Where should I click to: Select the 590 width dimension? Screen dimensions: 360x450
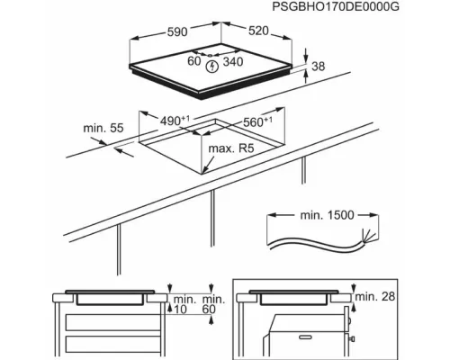click(x=176, y=32)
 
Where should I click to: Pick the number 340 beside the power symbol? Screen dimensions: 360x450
click(x=236, y=63)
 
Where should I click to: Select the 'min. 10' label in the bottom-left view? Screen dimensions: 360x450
click(x=184, y=303)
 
